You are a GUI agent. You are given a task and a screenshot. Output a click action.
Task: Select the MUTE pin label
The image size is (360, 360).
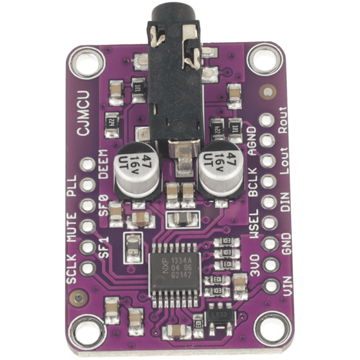(72, 229)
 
